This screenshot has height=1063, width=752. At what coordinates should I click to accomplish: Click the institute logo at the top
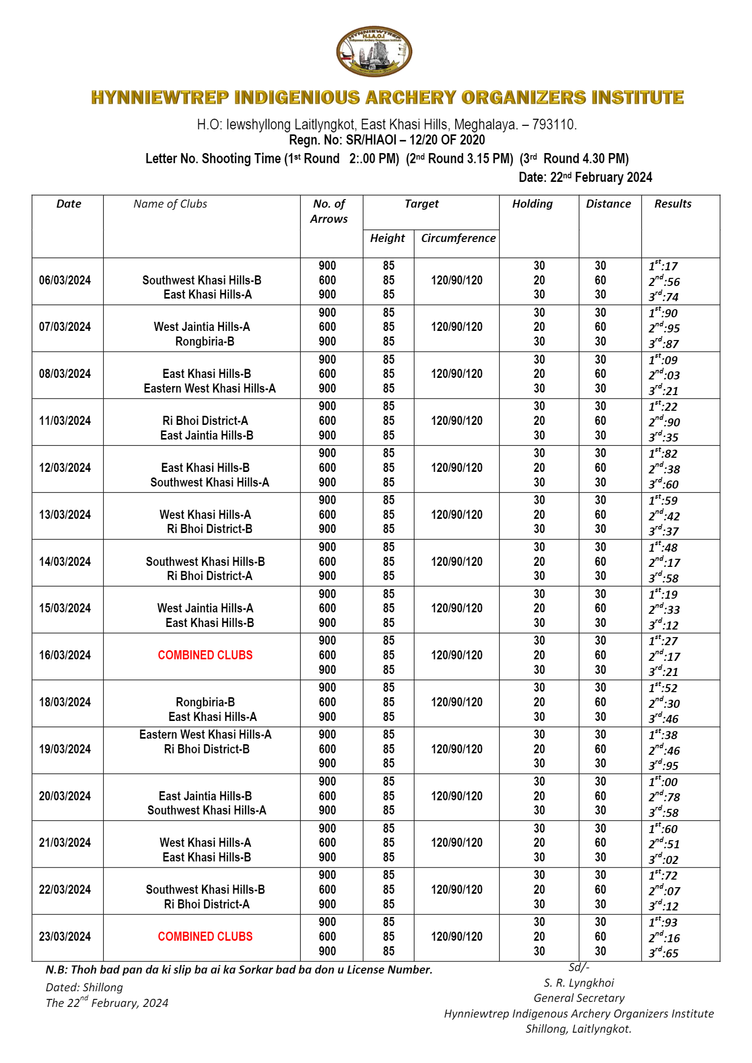pos(374,52)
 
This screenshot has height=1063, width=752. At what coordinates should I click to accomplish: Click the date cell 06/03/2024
pos(65,280)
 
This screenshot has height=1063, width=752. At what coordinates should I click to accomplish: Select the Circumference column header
pos(458,238)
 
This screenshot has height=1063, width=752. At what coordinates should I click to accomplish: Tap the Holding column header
pos(532,204)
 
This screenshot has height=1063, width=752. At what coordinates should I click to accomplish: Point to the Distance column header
pos(608,204)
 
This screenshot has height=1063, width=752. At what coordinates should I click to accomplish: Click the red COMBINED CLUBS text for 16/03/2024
pos(205,655)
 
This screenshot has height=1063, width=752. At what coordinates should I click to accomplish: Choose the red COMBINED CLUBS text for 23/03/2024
pos(205,936)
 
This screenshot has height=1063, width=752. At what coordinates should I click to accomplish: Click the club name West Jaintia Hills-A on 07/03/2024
pos(202,327)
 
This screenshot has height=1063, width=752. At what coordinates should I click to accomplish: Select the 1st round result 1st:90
pos(663,313)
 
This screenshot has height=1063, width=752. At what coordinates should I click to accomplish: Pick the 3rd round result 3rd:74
pos(663,297)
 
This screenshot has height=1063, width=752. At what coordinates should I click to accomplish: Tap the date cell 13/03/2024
pos(65,515)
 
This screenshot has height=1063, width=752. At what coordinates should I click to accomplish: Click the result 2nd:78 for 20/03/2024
pos(664,797)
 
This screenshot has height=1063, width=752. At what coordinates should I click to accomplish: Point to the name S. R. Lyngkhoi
pos(579,983)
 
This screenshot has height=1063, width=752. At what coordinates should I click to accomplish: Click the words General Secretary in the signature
pos(579,998)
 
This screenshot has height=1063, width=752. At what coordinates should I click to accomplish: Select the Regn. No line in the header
pos(387,140)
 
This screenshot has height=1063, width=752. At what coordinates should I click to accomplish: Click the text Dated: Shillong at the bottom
pos(84,987)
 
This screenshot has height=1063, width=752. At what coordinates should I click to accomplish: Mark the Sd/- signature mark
pos(579,967)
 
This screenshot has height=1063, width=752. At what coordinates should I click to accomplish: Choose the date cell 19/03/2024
pos(65,749)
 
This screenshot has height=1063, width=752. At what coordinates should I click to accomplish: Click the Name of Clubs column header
pos(170,204)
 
